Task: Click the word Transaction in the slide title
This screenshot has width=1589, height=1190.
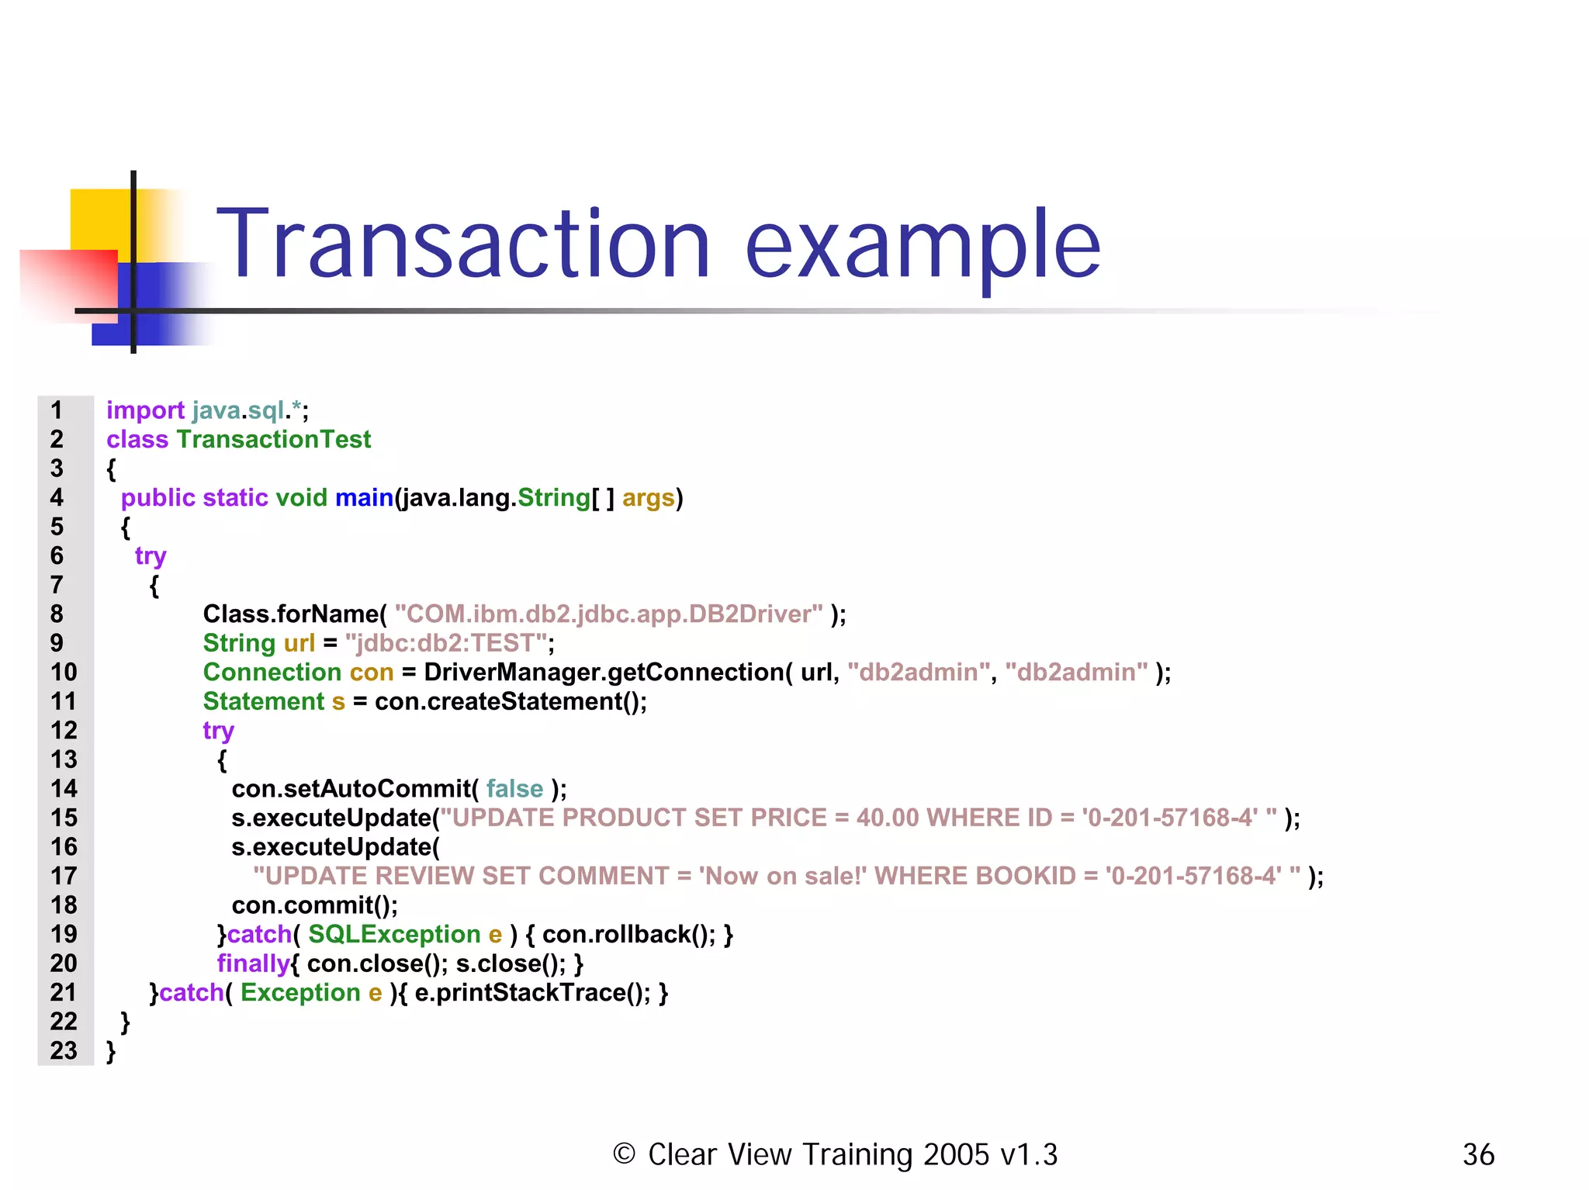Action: (462, 244)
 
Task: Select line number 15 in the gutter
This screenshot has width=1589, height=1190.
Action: (64, 818)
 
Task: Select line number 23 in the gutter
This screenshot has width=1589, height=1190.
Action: (64, 1050)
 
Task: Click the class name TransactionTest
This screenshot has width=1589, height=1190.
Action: (274, 439)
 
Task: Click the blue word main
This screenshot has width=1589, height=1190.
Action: (364, 497)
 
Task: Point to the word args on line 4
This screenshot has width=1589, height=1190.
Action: (648, 497)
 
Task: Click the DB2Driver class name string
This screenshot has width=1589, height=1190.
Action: (608, 614)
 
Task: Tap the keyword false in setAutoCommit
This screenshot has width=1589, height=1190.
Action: (514, 789)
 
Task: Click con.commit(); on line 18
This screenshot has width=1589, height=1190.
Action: (314, 905)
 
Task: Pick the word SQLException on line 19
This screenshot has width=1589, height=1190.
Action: (394, 934)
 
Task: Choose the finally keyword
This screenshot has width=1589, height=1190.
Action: (253, 963)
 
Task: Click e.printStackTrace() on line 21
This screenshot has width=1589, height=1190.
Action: (532, 992)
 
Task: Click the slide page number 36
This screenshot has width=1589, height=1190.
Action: (1478, 1154)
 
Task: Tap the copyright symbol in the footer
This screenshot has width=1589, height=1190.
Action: (624, 1154)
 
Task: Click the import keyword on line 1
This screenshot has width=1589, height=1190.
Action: (145, 410)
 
